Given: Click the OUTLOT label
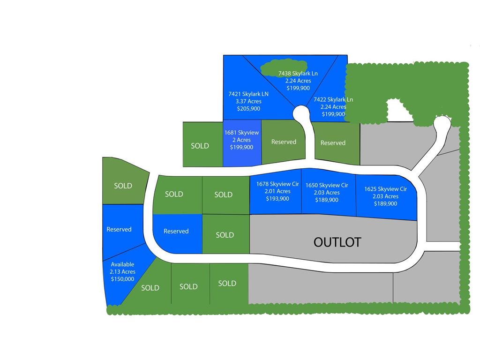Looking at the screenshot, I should tap(337, 242).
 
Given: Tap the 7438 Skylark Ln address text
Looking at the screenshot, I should tap(298, 74).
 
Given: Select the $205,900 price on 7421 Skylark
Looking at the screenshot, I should tap(248, 109).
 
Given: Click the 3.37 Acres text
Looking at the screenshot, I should tap(248, 101).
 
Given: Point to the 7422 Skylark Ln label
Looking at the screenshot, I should tap(333, 99).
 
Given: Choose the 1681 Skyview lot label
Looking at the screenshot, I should tap(241, 133).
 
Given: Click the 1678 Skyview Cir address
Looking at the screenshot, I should tap(277, 184).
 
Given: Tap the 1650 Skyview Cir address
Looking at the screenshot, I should tap(327, 185).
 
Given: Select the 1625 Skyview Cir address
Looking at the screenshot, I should tap(385, 189).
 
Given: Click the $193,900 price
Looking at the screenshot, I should tap(277, 199).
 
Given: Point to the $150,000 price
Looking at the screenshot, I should tap(122, 279).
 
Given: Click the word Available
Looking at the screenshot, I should tap(122, 264).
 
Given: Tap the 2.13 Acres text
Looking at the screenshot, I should tap(122, 272).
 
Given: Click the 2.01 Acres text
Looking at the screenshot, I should tap(277, 191).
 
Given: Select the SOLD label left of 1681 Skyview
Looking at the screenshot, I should tap(200, 146).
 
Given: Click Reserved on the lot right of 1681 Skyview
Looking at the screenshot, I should tap(284, 142).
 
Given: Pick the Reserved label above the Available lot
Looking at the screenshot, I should tap(119, 229).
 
